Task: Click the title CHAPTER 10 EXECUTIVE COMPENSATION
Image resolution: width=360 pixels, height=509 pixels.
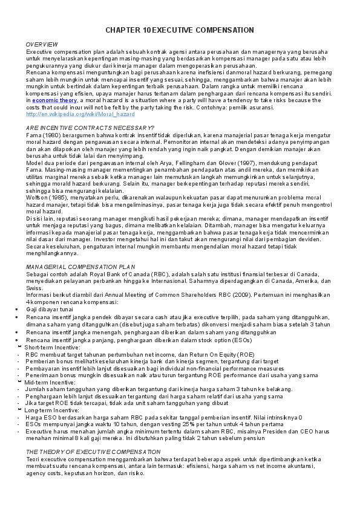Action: [x=180, y=30]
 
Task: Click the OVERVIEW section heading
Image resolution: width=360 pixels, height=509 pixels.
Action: [x=42, y=45]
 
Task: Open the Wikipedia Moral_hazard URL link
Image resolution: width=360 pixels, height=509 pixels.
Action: [x=80, y=114]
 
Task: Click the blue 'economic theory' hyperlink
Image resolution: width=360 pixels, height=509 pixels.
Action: [x=54, y=100]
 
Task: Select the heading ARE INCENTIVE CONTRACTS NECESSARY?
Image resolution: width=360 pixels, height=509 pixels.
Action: [x=90, y=128]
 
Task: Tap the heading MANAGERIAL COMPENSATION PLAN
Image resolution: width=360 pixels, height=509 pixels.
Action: [x=80, y=267]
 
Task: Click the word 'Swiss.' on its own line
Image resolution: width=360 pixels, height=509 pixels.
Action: [x=34, y=289]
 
